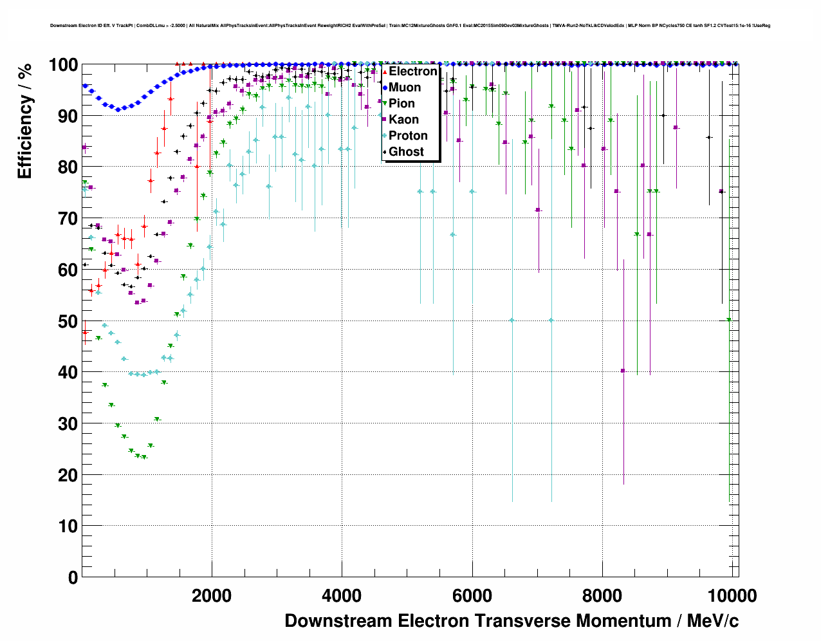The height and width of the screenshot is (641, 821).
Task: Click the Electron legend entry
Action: point(412,71)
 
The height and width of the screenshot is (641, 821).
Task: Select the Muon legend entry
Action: point(404,88)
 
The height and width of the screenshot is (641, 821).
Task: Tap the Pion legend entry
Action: point(401,104)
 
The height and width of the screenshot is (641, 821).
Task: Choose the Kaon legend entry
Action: point(403,120)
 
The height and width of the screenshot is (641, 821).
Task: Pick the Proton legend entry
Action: point(408,136)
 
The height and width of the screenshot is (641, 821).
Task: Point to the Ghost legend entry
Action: point(406,152)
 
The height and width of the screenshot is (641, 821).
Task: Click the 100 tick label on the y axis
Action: point(64,65)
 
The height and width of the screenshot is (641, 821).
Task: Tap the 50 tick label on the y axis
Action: point(68,321)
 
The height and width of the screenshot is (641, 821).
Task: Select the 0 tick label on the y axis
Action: point(73,577)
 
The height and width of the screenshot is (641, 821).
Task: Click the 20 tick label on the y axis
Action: point(68,475)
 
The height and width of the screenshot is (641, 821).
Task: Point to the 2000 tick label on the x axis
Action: point(212,596)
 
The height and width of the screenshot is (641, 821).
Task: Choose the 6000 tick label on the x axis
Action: point(472,596)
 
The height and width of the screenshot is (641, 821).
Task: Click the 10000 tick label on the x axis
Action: point(732,596)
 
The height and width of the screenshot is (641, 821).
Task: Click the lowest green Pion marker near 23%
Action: point(144,457)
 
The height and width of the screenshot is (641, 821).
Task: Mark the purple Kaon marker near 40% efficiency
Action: point(623,371)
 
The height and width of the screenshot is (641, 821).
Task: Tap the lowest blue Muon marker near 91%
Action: point(118,109)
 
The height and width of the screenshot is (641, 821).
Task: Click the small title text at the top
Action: point(410,26)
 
